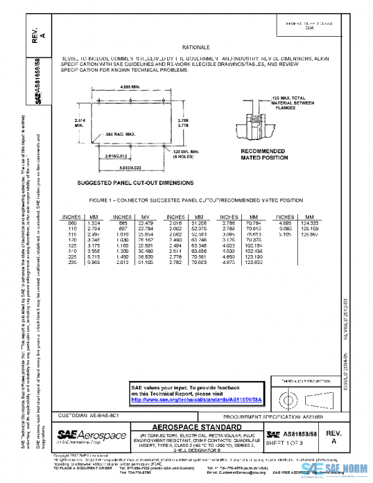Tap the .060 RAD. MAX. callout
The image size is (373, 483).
pos(118,134)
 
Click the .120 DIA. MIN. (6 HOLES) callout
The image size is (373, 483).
pos(185,153)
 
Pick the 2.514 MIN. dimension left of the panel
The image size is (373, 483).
pos(80,122)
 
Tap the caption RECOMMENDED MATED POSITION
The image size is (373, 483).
pos(264,154)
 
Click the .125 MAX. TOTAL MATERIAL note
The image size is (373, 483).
pos(289,102)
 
